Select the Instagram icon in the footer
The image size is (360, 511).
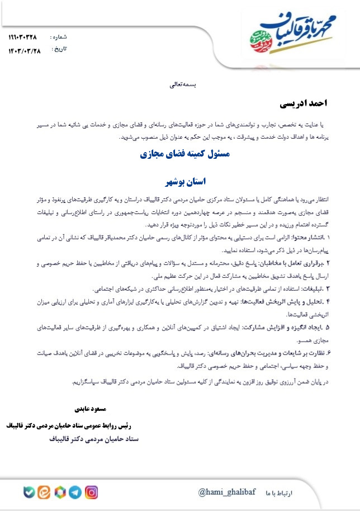(x=91, y=492)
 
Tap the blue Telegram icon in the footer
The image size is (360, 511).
(x=75, y=492)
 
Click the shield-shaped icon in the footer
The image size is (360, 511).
(x=28, y=492)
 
